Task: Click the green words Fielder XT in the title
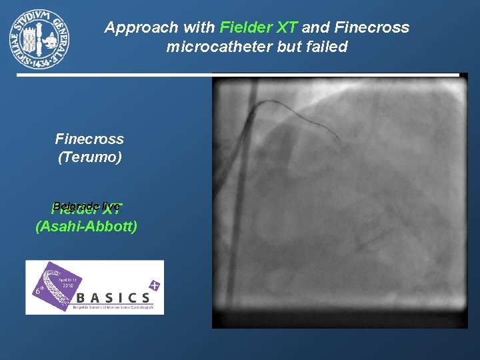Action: pos(259,28)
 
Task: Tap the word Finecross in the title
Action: pos(371,28)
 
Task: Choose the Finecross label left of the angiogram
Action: pos(89,139)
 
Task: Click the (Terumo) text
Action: pos(89,158)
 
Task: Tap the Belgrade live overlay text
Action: pos(86,206)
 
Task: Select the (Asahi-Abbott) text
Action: pos(86,227)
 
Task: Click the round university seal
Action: pos(39,39)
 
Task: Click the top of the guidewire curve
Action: pos(273,102)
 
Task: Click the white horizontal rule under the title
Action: pos(237,73)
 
